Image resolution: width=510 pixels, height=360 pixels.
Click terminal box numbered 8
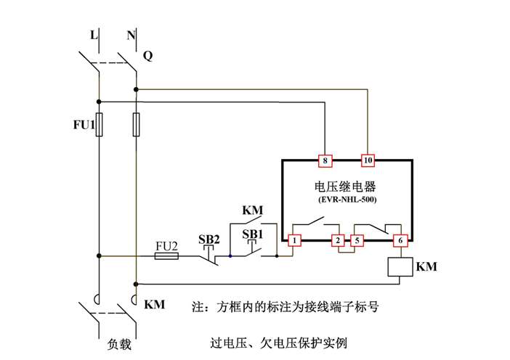pos(325,160)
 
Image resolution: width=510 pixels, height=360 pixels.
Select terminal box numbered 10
pos(368,160)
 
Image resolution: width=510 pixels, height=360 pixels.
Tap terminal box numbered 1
pos(295,240)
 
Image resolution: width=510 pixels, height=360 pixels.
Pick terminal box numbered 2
pos(337,240)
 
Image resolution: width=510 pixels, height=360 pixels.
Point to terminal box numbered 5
pos(357,240)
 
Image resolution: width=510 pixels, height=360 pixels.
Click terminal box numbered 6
pos(398,240)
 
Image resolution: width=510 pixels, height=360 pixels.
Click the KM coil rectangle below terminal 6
pos(398,267)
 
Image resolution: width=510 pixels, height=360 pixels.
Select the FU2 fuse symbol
pos(167,255)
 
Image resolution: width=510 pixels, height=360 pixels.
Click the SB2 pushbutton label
pos(209,239)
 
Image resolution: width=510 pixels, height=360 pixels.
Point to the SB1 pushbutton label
pos(252,235)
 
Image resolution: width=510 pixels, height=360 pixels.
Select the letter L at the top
pos(92,34)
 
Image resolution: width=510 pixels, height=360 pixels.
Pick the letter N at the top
pos(131,34)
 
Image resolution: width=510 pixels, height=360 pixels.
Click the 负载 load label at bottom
pos(118,344)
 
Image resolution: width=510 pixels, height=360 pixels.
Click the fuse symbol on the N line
pos(136,124)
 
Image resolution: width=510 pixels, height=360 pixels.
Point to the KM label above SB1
pos(251,211)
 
